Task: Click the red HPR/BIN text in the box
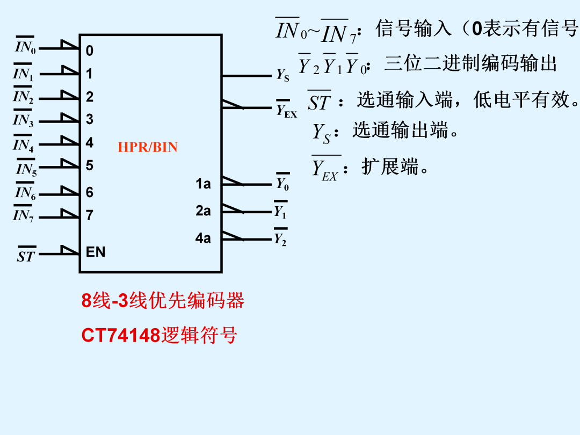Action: pos(148,147)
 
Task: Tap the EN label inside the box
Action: pos(96,252)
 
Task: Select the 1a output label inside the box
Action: pos(203,184)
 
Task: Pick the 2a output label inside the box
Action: pos(203,211)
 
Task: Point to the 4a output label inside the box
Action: pos(203,238)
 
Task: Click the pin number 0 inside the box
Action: pos(90,50)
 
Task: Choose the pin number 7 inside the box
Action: pos(90,215)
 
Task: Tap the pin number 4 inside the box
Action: pos(90,142)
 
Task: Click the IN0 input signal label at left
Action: pos(25,46)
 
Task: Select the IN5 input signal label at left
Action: pos(26,168)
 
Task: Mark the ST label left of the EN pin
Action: pos(26,255)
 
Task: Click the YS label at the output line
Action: pos(283,76)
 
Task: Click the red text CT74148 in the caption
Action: pos(121,336)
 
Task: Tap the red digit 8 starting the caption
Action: pos(86,300)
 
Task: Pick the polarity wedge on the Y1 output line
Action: pos(233,208)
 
